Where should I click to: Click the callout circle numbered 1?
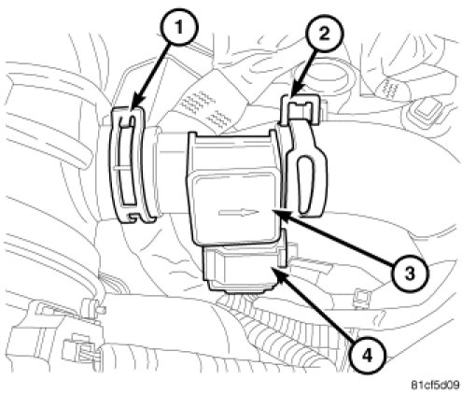(x=178, y=27)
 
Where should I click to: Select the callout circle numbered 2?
(x=324, y=33)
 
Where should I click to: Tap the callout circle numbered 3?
(x=410, y=274)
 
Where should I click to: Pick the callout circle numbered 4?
(x=367, y=356)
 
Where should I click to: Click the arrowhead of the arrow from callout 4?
(x=278, y=273)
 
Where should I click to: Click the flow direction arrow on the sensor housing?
(x=239, y=213)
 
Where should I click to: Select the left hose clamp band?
(x=128, y=164)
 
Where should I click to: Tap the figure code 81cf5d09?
(x=435, y=386)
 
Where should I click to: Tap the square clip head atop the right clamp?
(x=301, y=109)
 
